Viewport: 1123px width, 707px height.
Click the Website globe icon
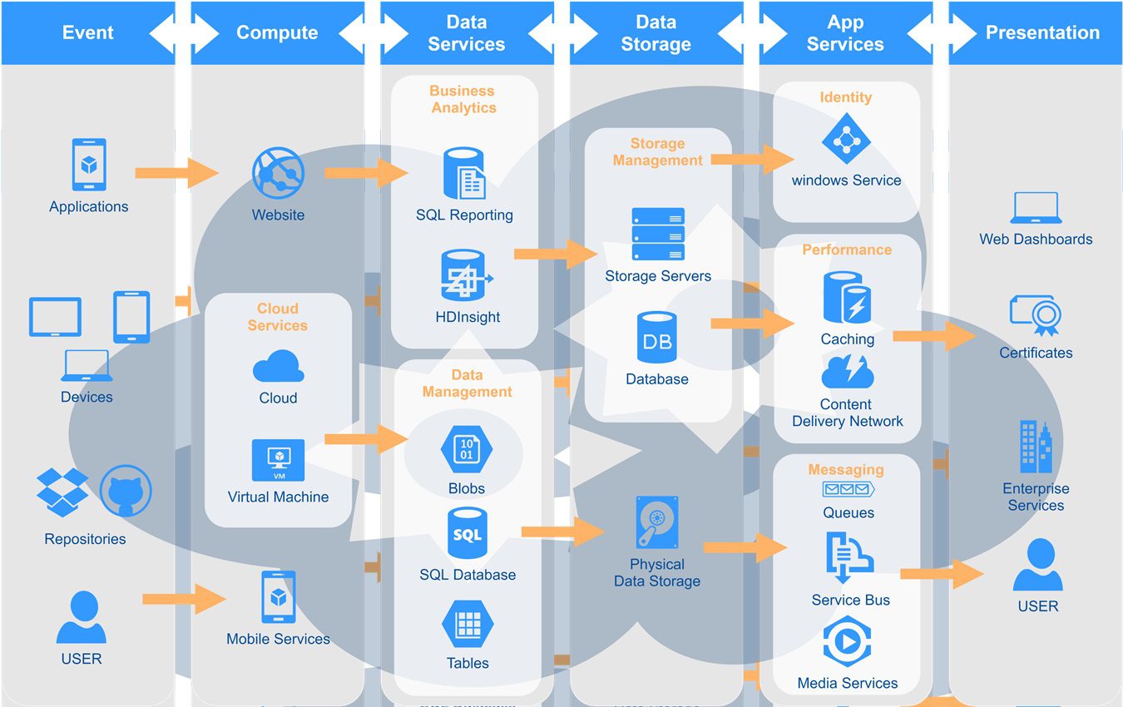(x=278, y=173)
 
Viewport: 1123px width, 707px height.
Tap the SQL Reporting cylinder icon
(x=464, y=174)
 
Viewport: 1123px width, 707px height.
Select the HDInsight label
(x=468, y=317)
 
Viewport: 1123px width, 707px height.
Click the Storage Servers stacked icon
(x=658, y=235)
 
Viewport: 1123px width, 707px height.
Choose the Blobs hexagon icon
(x=467, y=450)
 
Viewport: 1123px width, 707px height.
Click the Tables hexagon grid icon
(x=468, y=624)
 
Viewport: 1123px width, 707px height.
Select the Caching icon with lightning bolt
(x=847, y=298)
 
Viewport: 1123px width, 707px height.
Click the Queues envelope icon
(x=848, y=489)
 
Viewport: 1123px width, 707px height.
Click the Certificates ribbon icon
(x=1036, y=314)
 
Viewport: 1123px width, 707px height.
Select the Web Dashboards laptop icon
(x=1036, y=208)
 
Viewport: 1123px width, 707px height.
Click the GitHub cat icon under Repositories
(x=126, y=492)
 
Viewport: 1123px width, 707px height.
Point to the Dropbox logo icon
(x=62, y=491)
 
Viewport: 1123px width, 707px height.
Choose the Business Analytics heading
(x=463, y=100)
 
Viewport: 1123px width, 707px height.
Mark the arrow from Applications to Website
(x=176, y=173)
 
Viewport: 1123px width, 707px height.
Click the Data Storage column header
(x=655, y=33)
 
